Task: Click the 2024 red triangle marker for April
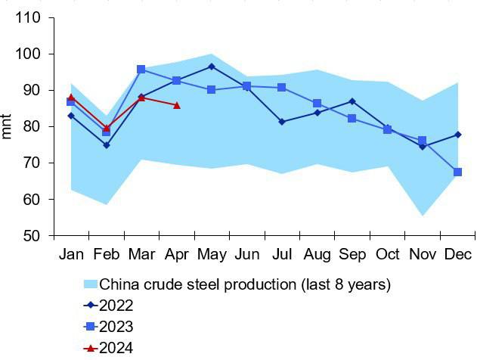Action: pos(176,106)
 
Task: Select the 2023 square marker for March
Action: pos(141,70)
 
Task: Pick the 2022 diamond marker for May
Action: pos(212,67)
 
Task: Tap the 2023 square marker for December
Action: pos(457,172)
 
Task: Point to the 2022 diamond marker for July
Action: pos(282,122)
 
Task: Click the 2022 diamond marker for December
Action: pos(458,135)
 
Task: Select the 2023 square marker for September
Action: pos(352,118)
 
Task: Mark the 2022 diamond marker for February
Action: pos(106,145)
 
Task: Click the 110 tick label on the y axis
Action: pos(28,17)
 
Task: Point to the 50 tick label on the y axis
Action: pos(32,236)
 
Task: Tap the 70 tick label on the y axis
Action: pos(32,163)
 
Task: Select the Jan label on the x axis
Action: pos(72,254)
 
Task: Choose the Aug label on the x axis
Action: pos(317,254)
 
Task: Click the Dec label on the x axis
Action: pos(458,254)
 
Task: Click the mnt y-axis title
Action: pos(6,126)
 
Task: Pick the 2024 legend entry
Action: pos(108,348)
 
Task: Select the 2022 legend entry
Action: pos(108,306)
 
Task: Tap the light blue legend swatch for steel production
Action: pos(91,284)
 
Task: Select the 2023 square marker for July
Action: pos(282,88)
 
